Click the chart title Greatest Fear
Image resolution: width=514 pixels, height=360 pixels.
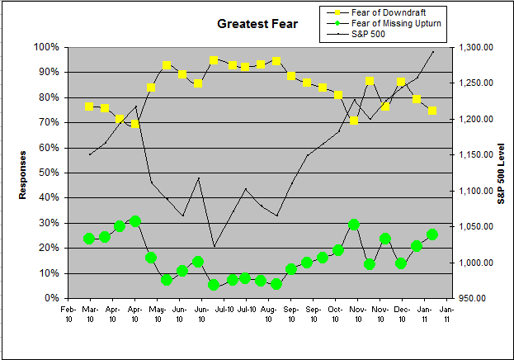(257, 24)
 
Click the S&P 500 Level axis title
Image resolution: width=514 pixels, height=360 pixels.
(500, 173)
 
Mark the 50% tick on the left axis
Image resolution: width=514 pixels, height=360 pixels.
(48, 173)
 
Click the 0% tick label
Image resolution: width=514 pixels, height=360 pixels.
(50, 298)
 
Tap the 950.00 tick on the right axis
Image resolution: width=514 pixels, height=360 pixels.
(476, 298)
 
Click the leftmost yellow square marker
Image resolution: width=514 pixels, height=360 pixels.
(89, 107)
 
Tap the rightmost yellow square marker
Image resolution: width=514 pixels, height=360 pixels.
(432, 111)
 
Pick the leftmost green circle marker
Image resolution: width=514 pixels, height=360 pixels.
(89, 239)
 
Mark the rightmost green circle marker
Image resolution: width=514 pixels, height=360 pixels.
(432, 234)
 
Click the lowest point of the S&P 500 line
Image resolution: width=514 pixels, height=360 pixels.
(215, 246)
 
